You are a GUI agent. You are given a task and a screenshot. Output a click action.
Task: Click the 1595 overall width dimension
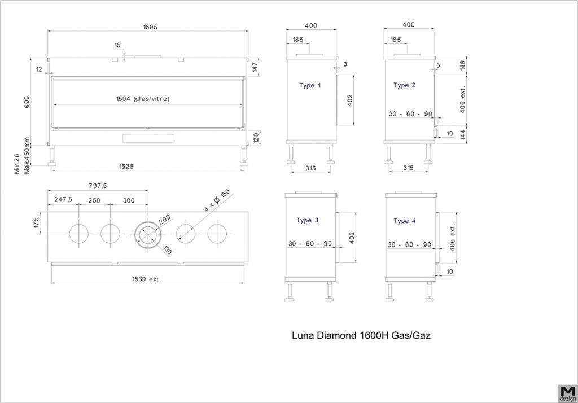pyautogui.click(x=150, y=27)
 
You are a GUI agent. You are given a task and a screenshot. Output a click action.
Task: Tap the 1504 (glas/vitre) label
pyautogui.click(x=143, y=99)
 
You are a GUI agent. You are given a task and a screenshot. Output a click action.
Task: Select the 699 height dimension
pyautogui.click(x=27, y=102)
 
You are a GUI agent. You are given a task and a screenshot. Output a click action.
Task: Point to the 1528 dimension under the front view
pyautogui.click(x=126, y=167)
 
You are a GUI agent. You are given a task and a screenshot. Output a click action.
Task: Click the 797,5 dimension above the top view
pyautogui.click(x=97, y=186)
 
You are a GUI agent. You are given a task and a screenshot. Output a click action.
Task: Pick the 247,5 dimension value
pyautogui.click(x=63, y=199)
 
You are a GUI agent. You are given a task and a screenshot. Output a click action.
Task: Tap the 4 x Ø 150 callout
pyautogui.click(x=217, y=200)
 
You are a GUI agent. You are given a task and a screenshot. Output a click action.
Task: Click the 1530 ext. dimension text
pyautogui.click(x=147, y=279)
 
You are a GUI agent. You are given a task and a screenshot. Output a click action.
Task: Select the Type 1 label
pyautogui.click(x=310, y=86)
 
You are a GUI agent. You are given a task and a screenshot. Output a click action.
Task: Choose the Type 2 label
pyautogui.click(x=404, y=85)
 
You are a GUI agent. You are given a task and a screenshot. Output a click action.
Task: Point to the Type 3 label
pyautogui.click(x=308, y=220)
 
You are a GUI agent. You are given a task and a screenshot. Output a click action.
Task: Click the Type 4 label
pyautogui.click(x=404, y=221)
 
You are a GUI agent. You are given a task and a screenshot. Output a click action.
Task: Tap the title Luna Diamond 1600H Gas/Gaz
pyautogui.click(x=361, y=335)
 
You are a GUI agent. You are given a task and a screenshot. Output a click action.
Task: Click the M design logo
pyautogui.click(x=567, y=393)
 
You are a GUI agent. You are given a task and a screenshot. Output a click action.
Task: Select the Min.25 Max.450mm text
pyautogui.click(x=21, y=156)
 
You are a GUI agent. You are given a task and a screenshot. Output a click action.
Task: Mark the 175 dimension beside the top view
pyautogui.click(x=36, y=223)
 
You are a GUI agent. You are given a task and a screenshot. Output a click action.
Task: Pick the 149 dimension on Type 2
pyautogui.click(x=463, y=65)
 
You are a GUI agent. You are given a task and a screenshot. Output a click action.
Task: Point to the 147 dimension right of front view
pyautogui.click(x=255, y=67)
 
